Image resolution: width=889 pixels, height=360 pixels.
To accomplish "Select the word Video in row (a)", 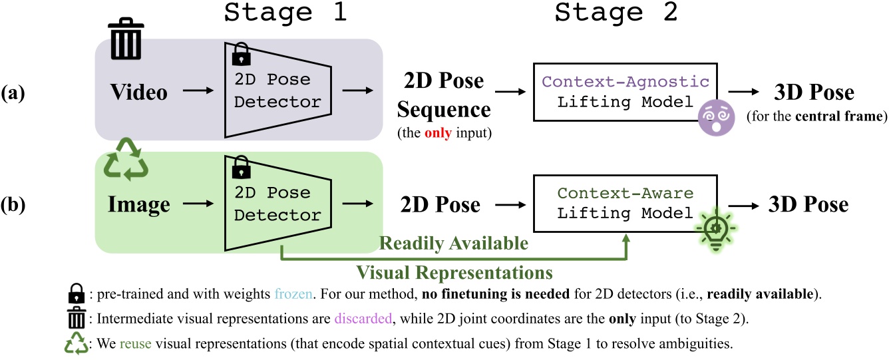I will [138, 92].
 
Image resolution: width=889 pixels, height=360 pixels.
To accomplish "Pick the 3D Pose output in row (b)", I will [809, 205].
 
